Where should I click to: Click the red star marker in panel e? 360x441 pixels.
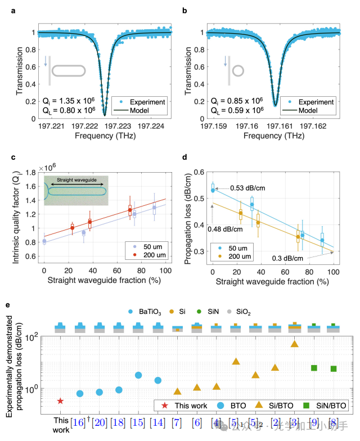(x=60, y=400)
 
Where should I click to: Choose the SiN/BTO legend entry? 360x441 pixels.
(x=327, y=406)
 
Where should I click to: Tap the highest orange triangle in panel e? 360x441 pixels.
(x=294, y=344)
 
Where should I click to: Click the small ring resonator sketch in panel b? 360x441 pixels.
(x=238, y=71)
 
